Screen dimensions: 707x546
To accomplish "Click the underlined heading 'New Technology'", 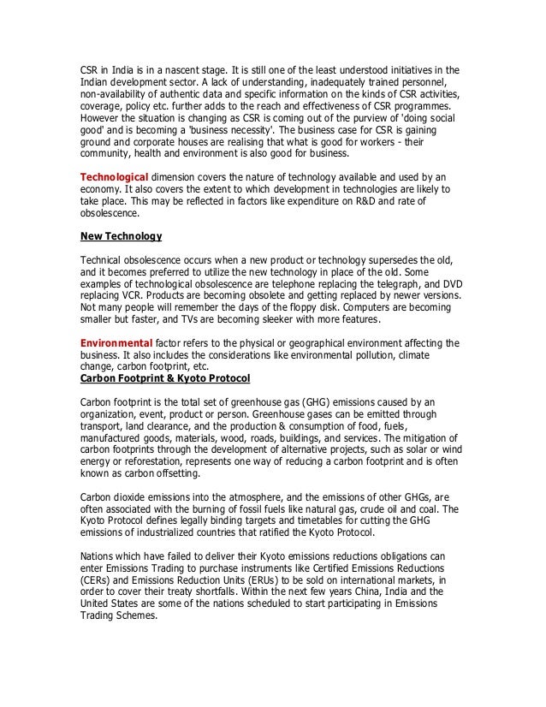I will (120, 235).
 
